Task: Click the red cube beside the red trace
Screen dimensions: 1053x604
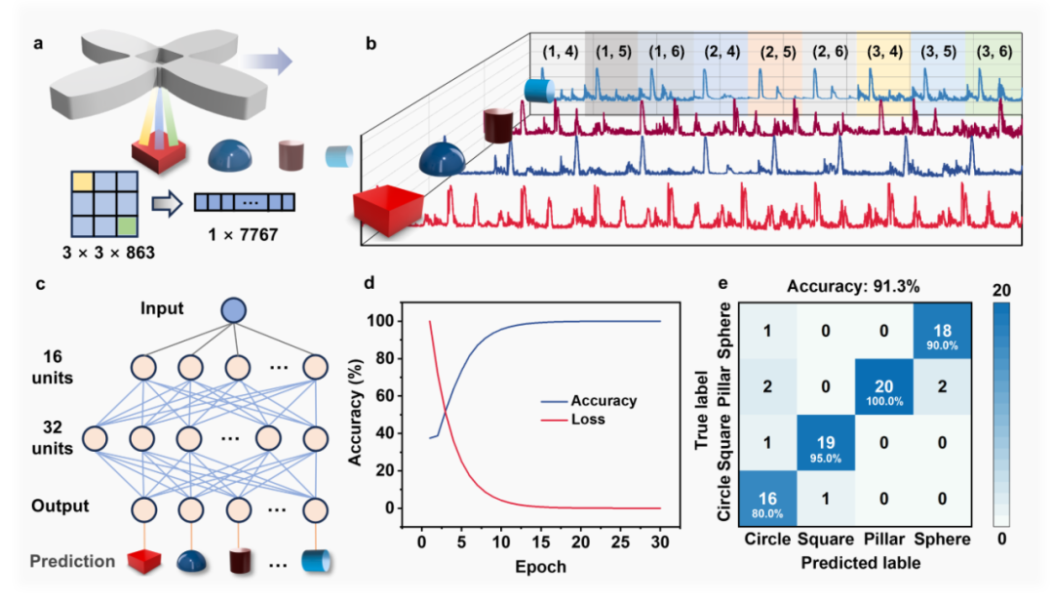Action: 389,211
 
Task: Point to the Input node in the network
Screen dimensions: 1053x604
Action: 234,310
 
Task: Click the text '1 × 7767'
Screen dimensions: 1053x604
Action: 243,234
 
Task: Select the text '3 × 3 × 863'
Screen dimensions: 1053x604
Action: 109,253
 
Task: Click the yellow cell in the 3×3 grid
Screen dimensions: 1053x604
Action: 82,182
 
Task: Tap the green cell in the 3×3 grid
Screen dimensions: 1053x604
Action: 127,225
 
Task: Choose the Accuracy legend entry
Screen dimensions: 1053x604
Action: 589,401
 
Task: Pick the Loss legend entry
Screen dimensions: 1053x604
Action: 573,420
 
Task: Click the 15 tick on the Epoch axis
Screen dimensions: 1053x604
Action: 540,542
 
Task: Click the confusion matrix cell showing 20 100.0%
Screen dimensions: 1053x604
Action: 883,387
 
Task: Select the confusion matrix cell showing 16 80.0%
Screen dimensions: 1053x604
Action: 767,500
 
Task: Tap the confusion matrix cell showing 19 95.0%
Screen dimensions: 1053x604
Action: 826,443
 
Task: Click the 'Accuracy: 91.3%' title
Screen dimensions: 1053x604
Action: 853,287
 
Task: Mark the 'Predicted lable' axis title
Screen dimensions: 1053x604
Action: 860,562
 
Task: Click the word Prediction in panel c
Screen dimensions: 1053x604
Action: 72,561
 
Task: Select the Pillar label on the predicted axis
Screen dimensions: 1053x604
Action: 883,540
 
